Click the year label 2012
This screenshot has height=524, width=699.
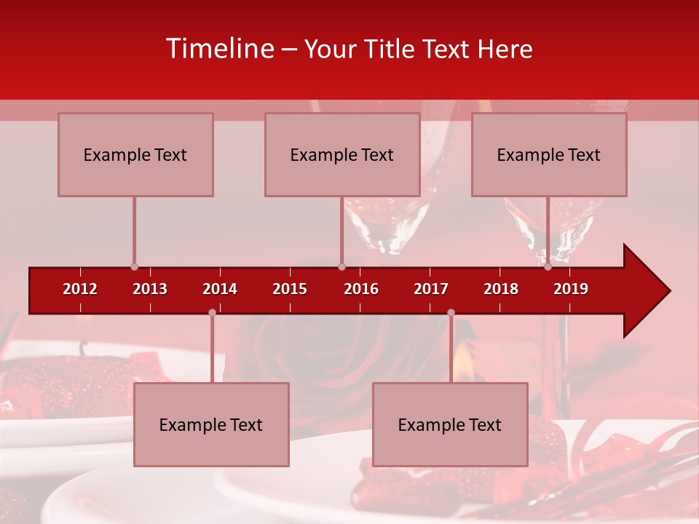(x=80, y=289)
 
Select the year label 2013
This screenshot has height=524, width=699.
(x=150, y=289)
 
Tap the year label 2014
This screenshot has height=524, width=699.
(x=220, y=289)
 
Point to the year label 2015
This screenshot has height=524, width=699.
(x=290, y=289)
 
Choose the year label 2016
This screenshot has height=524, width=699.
(x=361, y=289)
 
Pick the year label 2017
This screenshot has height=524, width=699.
(x=431, y=289)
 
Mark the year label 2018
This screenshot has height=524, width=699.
(x=501, y=289)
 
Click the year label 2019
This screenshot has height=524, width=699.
(x=571, y=289)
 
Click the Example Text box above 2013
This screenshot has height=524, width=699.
(x=135, y=154)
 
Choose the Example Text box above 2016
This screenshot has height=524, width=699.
(x=342, y=154)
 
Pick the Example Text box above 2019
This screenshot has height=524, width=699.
(x=549, y=154)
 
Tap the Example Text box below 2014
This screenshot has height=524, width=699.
(x=211, y=424)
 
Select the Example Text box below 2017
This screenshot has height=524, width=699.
(x=450, y=424)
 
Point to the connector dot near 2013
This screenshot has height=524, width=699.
(x=134, y=267)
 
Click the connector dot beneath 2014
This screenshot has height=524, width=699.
(x=212, y=312)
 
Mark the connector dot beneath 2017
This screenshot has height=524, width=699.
(x=451, y=312)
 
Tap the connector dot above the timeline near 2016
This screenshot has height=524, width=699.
(x=341, y=267)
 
